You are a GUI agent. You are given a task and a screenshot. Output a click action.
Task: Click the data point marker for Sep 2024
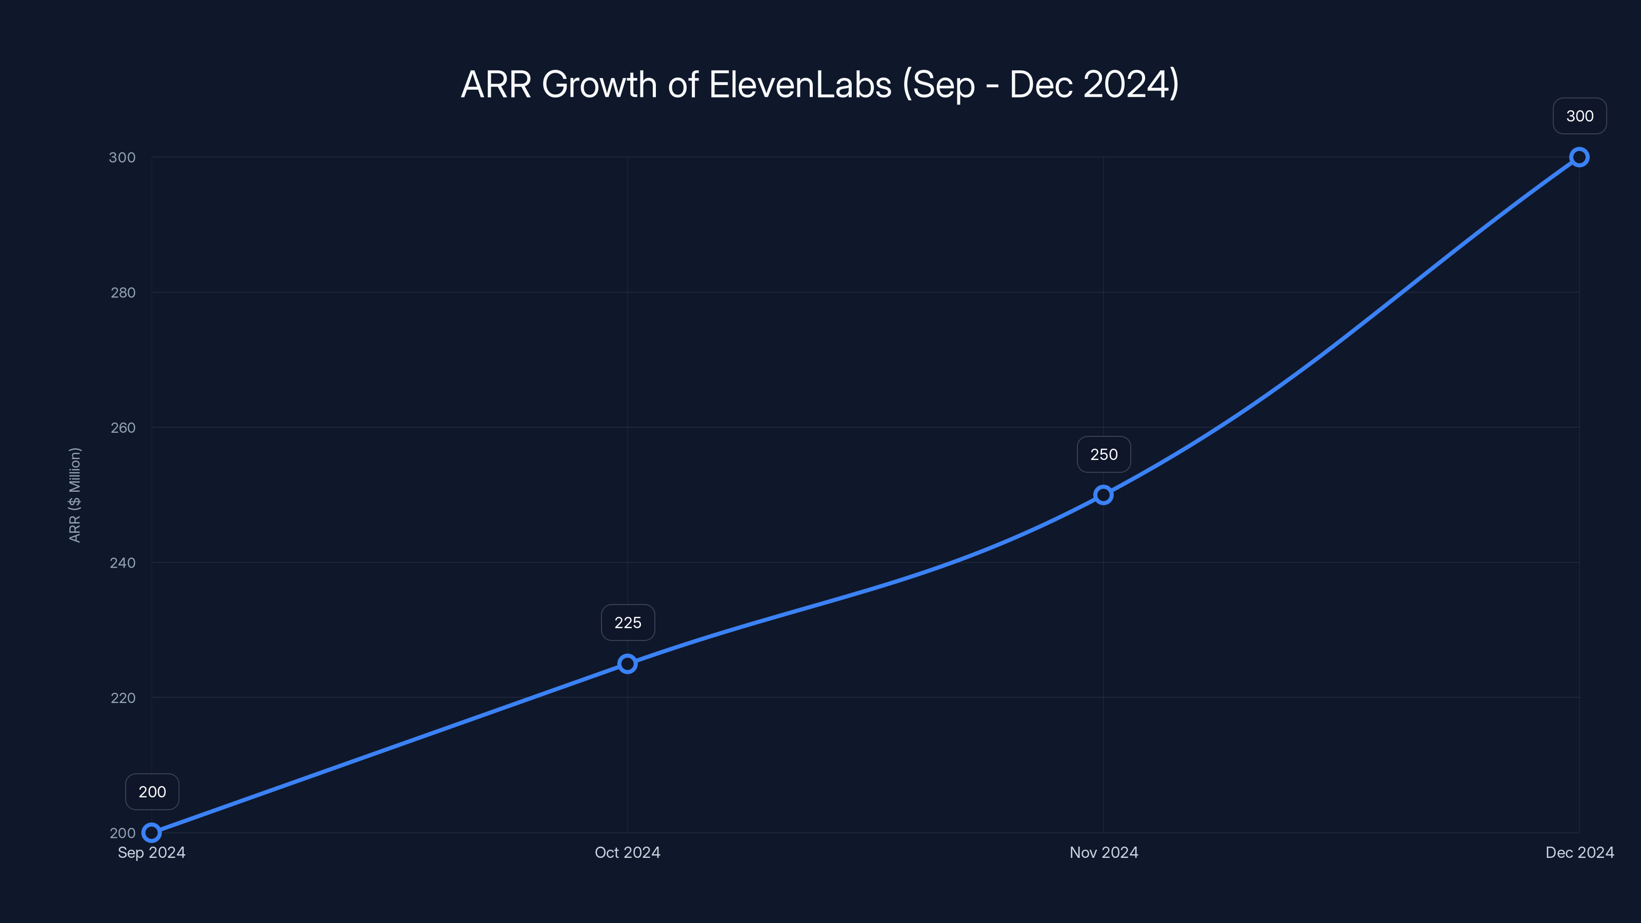(152, 833)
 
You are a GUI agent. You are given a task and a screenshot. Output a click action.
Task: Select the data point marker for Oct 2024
(628, 664)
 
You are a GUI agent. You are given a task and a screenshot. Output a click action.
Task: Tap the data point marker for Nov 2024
(1104, 495)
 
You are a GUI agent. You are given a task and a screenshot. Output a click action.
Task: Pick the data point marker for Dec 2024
(1579, 157)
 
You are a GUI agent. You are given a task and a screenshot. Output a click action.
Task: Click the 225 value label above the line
(628, 623)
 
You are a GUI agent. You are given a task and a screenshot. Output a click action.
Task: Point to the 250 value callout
(1104, 454)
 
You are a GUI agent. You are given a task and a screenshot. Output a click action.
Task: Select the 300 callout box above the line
(1579, 116)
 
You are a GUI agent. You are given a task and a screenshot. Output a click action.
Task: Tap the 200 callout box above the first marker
(152, 792)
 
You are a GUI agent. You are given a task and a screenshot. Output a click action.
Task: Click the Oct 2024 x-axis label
(628, 852)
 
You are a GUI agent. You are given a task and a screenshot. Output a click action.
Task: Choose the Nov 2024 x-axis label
(1104, 852)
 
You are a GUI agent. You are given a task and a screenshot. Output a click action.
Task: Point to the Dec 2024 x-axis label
(1579, 852)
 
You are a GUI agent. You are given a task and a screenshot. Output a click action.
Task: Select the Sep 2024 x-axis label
(152, 852)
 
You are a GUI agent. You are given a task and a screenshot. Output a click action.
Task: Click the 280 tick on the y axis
(123, 292)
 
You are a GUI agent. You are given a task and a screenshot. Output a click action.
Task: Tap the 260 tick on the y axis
(123, 428)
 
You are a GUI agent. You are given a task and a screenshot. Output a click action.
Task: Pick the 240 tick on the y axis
(123, 563)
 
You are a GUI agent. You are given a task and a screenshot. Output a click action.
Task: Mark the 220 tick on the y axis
(123, 697)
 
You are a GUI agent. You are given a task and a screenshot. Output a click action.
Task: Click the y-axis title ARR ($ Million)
(74, 495)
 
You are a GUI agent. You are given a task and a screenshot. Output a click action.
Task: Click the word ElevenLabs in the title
(799, 85)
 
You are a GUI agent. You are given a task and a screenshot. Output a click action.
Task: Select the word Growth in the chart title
(599, 85)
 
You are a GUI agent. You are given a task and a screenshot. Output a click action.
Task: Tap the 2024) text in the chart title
(1131, 85)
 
